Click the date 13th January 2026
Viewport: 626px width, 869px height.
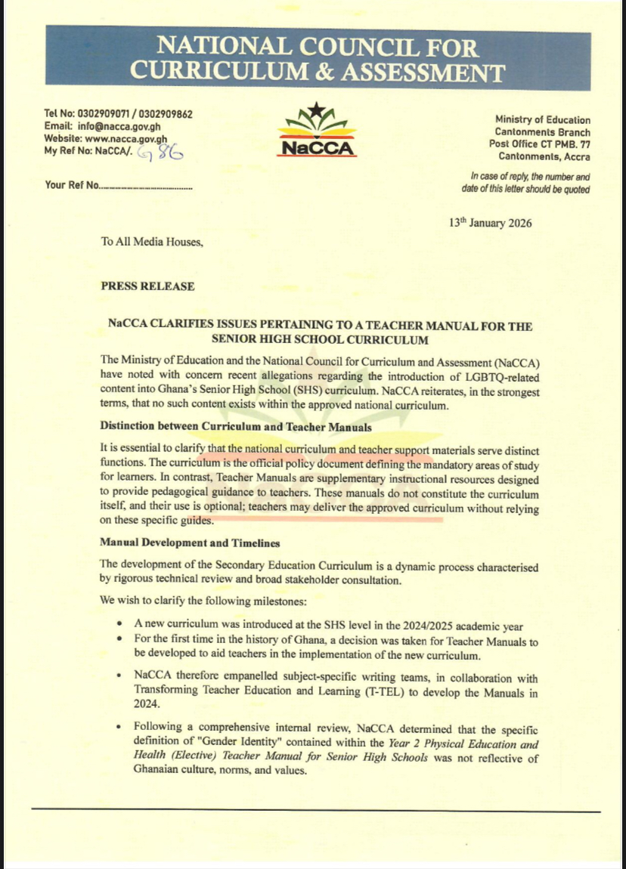tap(490, 223)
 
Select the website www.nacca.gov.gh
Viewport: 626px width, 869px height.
tap(126, 139)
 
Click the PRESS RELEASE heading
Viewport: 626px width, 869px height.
tap(147, 286)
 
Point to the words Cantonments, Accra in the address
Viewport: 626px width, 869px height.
tap(544, 156)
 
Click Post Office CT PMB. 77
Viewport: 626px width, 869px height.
tap(540, 144)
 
